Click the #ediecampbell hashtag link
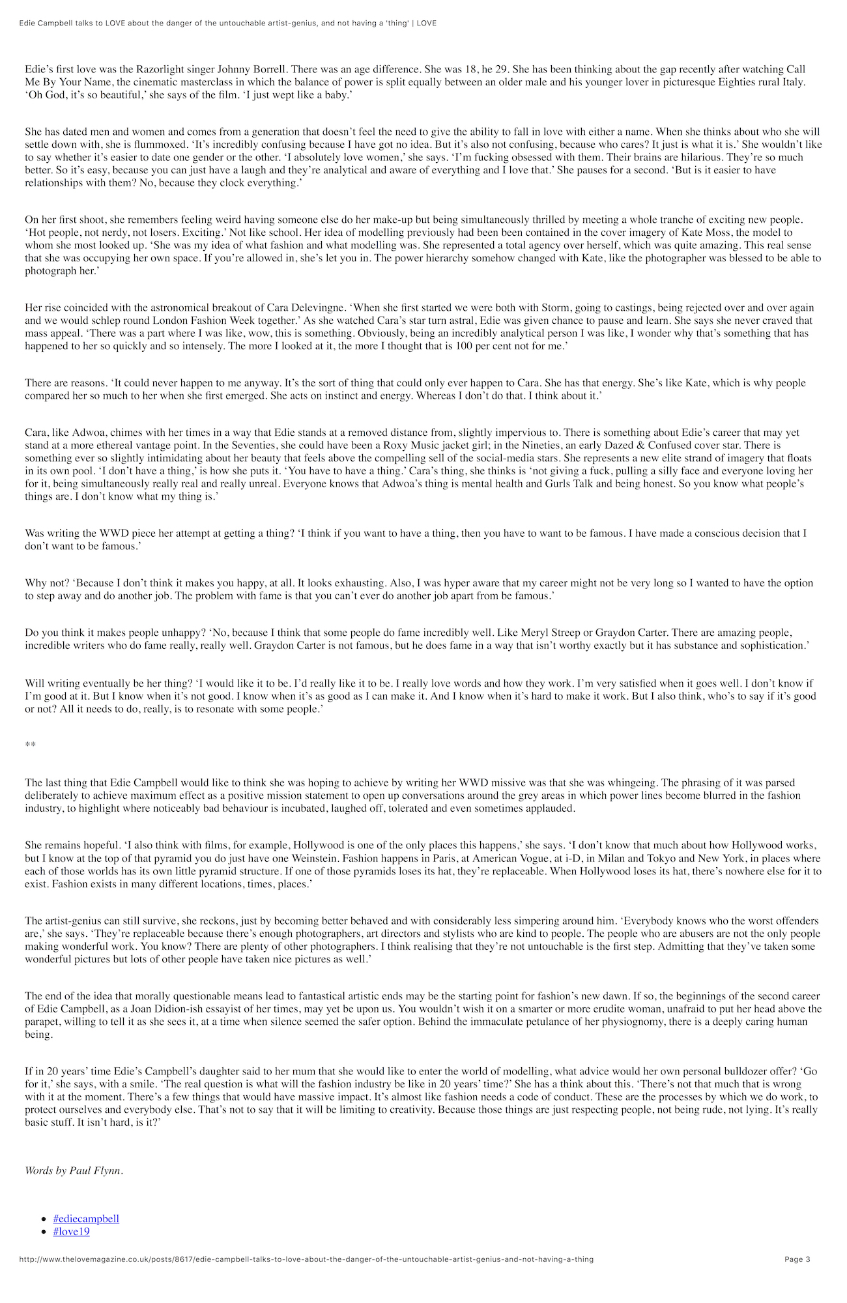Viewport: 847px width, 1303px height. click(86, 1218)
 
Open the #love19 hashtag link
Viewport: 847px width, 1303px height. click(72, 1231)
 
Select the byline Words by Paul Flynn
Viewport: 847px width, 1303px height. click(74, 1170)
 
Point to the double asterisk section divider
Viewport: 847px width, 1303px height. click(30, 745)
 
